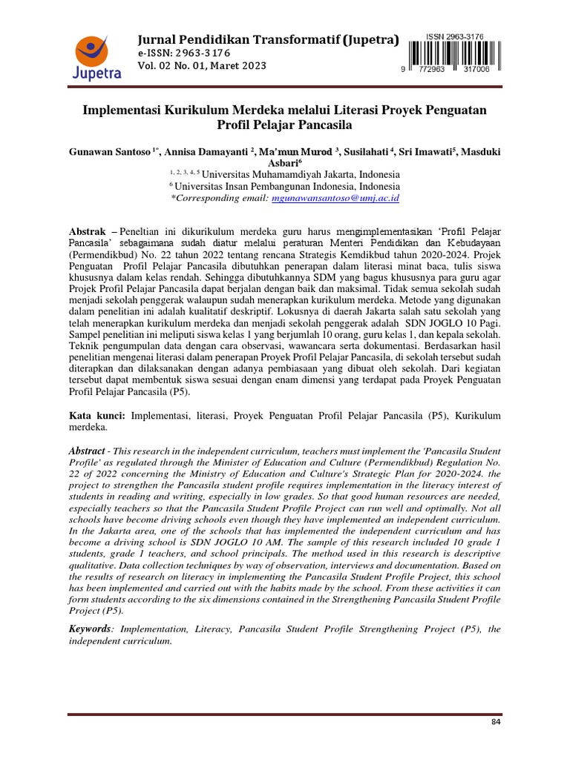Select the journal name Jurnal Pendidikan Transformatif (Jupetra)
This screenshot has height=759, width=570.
point(268,39)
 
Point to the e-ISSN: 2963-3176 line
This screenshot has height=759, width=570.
point(183,54)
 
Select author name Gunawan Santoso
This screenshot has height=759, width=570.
point(110,152)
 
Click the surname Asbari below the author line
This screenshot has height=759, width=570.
point(283,163)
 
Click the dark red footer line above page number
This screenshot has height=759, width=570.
point(285,714)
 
